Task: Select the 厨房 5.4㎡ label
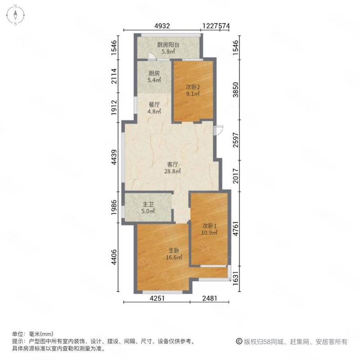[154, 77]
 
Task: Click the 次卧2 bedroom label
[193, 90]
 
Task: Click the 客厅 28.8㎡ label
[173, 168]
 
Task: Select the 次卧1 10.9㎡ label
[209, 229]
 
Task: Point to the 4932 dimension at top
[162, 27]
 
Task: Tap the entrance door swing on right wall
[218, 130]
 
